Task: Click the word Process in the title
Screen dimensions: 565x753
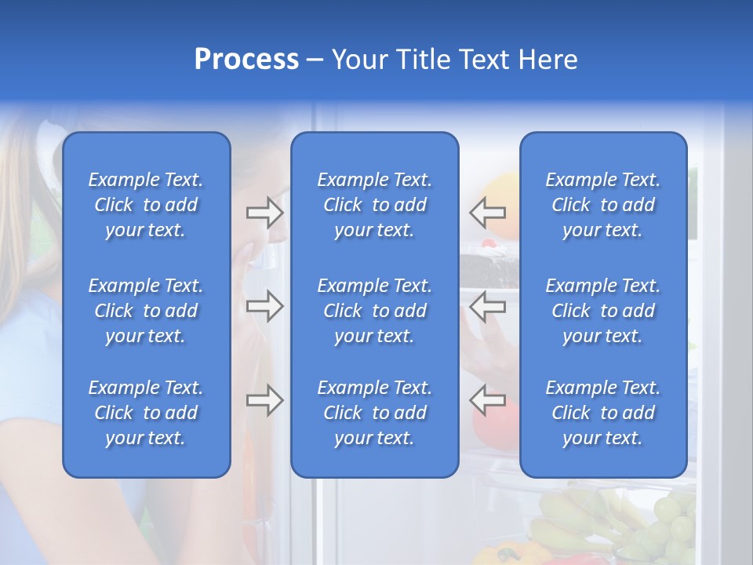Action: click(246, 60)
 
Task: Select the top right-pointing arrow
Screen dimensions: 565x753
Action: click(265, 212)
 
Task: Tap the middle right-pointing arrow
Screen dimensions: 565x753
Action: click(265, 306)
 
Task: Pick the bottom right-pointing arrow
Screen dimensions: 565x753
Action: click(265, 400)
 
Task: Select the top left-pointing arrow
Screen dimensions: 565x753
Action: click(487, 212)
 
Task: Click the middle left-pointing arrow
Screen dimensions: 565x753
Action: click(487, 306)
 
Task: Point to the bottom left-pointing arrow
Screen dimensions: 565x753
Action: click(487, 400)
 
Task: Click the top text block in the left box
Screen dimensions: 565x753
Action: click(146, 205)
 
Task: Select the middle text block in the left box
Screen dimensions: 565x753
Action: click(146, 311)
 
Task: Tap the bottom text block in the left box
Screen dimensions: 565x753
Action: click(146, 413)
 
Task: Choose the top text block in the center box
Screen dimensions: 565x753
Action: click(374, 205)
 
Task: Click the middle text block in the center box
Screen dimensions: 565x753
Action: click(374, 311)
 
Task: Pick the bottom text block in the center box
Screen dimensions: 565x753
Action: click(374, 413)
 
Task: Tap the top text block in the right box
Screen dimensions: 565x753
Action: click(602, 205)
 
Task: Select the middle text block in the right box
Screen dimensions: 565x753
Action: click(602, 311)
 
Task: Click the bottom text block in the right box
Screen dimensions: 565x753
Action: click(602, 413)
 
